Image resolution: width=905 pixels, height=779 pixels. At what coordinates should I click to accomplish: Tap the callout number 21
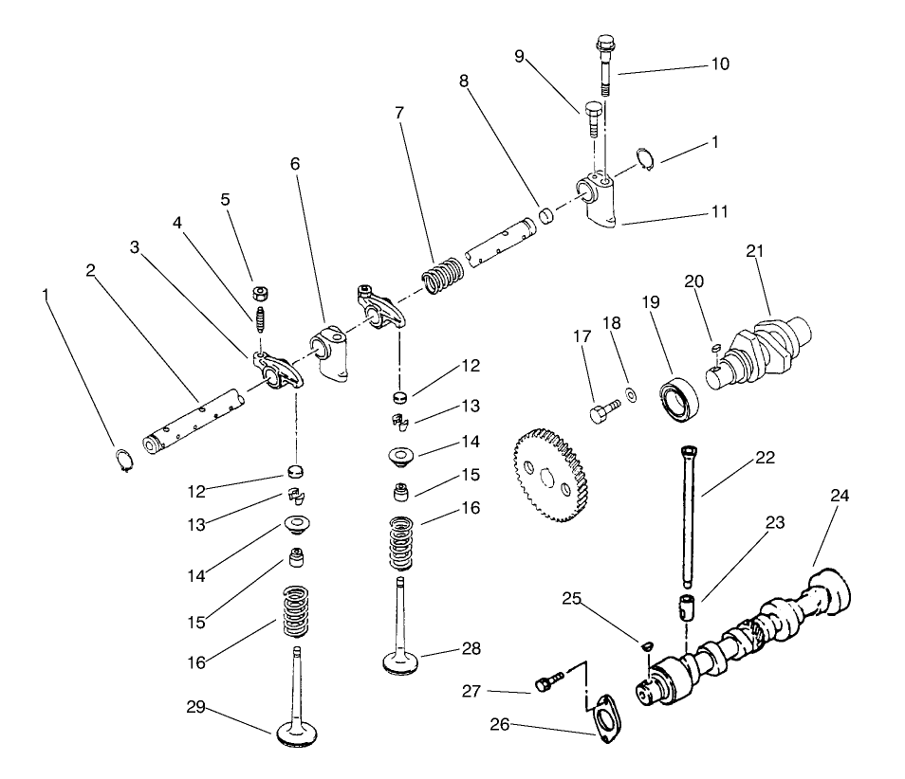[755, 251]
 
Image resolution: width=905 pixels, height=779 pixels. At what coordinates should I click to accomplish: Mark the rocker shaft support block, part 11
[597, 201]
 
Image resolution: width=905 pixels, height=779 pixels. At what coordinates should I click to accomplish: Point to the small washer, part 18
[629, 393]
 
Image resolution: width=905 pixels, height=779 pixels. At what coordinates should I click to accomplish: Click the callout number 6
[295, 164]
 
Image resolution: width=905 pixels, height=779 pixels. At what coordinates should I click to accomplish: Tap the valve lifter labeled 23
[688, 606]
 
